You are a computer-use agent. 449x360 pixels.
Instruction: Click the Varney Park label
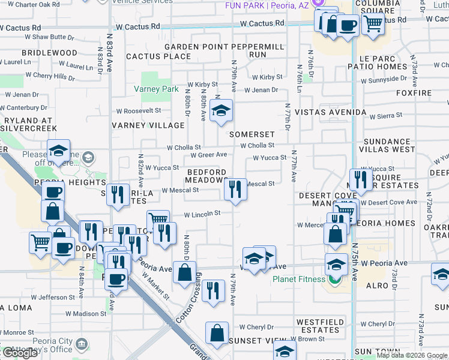156,89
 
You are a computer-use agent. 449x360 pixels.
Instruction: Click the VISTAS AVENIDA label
330,113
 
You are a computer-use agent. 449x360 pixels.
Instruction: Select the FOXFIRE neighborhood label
414,93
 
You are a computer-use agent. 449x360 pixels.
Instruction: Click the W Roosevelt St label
139,110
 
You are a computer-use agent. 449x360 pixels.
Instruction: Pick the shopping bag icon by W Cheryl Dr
217,333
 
